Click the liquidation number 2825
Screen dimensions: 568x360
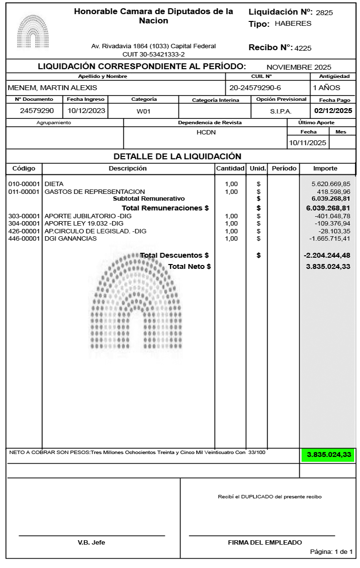click(324, 13)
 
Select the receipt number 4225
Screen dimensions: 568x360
click(303, 48)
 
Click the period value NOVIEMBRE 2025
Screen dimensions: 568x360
click(299, 67)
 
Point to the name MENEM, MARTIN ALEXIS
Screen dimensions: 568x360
click(52, 88)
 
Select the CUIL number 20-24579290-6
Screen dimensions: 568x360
click(255, 88)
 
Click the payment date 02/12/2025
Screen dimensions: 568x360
click(333, 111)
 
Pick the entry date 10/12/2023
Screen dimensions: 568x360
click(86, 111)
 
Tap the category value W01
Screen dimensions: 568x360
click(144, 111)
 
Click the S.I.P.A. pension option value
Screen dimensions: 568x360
click(281, 111)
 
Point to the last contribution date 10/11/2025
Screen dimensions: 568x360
click(307, 143)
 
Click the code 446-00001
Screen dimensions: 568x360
click(24, 239)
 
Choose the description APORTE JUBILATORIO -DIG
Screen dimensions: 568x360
click(88, 216)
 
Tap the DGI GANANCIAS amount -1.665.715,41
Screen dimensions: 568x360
click(330, 239)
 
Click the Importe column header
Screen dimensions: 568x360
click(325, 169)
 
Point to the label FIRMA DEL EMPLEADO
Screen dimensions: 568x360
click(265, 542)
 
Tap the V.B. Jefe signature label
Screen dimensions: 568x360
click(91, 542)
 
